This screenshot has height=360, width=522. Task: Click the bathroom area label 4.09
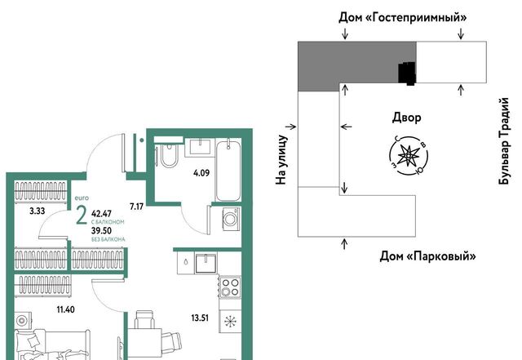[201, 173]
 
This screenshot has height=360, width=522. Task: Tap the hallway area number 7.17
[136, 207]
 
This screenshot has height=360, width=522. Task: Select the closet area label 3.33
[37, 211]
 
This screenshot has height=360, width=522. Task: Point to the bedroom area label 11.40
[65, 309]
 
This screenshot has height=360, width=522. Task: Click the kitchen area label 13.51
[200, 318]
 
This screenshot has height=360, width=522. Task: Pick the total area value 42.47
[101, 214]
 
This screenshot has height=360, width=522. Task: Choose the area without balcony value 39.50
[101, 231]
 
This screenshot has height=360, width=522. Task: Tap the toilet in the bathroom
[170, 153]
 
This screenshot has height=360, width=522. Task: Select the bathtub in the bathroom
[228, 171]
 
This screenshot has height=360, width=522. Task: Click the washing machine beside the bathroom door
[230, 219]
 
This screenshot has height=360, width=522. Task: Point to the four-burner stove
[230, 287]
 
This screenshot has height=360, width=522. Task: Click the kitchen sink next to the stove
[206, 263]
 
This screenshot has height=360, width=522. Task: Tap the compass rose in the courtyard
[408, 155]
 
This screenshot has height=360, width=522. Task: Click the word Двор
[406, 118]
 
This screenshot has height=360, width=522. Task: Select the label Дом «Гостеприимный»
[402, 17]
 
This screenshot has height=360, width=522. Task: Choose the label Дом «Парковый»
[427, 256]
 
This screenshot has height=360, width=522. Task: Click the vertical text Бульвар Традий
[504, 140]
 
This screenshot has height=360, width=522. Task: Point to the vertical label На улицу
[281, 160]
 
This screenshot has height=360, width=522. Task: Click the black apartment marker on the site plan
[407, 73]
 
